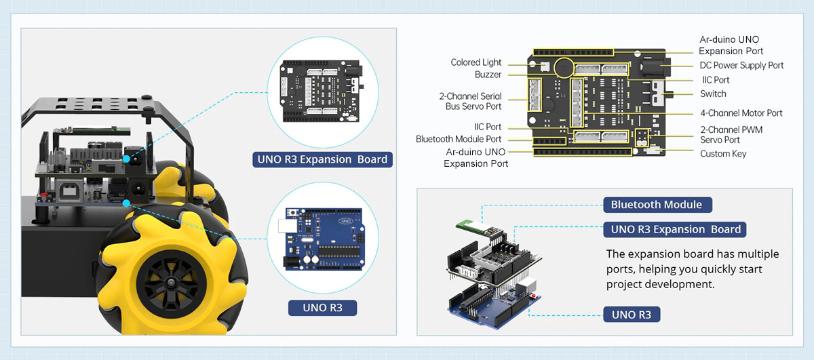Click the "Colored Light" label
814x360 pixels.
[x=476, y=62]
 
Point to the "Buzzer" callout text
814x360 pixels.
[x=488, y=75]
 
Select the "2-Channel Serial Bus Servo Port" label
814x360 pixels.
[x=470, y=101]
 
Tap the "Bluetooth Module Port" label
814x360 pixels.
[x=459, y=139]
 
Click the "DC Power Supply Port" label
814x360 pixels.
[x=741, y=66]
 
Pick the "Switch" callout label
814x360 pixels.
[x=713, y=94]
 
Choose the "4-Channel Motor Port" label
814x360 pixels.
[x=741, y=113]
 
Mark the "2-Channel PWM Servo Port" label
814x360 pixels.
[x=731, y=134]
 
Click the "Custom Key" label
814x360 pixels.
[x=723, y=154]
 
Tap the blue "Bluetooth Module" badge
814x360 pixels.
[x=657, y=205]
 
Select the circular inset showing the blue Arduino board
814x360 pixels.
[x=319, y=239]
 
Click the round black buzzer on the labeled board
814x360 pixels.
[x=562, y=67]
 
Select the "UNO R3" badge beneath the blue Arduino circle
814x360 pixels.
[x=322, y=308]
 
